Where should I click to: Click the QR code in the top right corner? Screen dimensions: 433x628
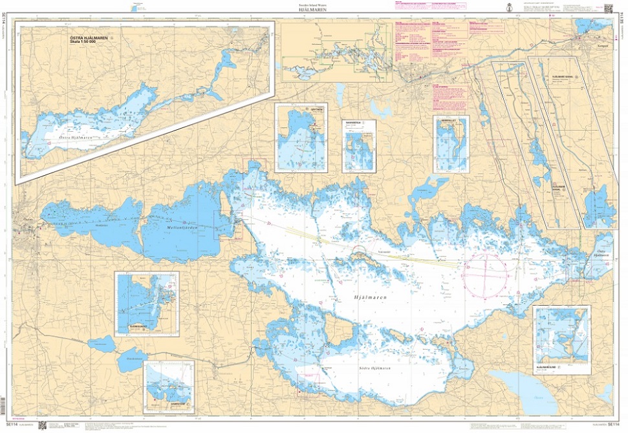tap(608, 8)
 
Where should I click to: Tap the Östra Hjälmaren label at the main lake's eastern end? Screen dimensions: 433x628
tap(601, 254)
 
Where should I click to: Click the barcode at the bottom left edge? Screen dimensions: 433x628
tap(43, 425)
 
